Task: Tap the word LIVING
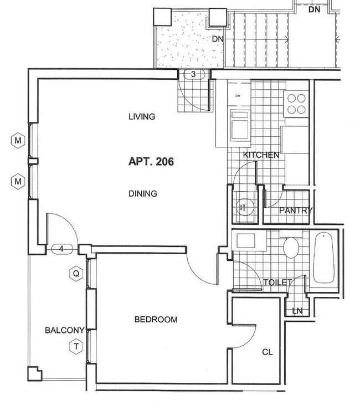pos(141,117)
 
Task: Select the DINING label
pos(143,194)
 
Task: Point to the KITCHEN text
pos(261,155)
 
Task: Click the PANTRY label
pos(296,210)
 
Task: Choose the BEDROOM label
pos(156,320)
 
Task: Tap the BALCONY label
pos(64,331)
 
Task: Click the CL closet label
pos(268,352)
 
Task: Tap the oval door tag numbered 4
pos(61,249)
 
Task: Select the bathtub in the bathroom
pos(324,259)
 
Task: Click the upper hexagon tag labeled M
pos(18,140)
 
